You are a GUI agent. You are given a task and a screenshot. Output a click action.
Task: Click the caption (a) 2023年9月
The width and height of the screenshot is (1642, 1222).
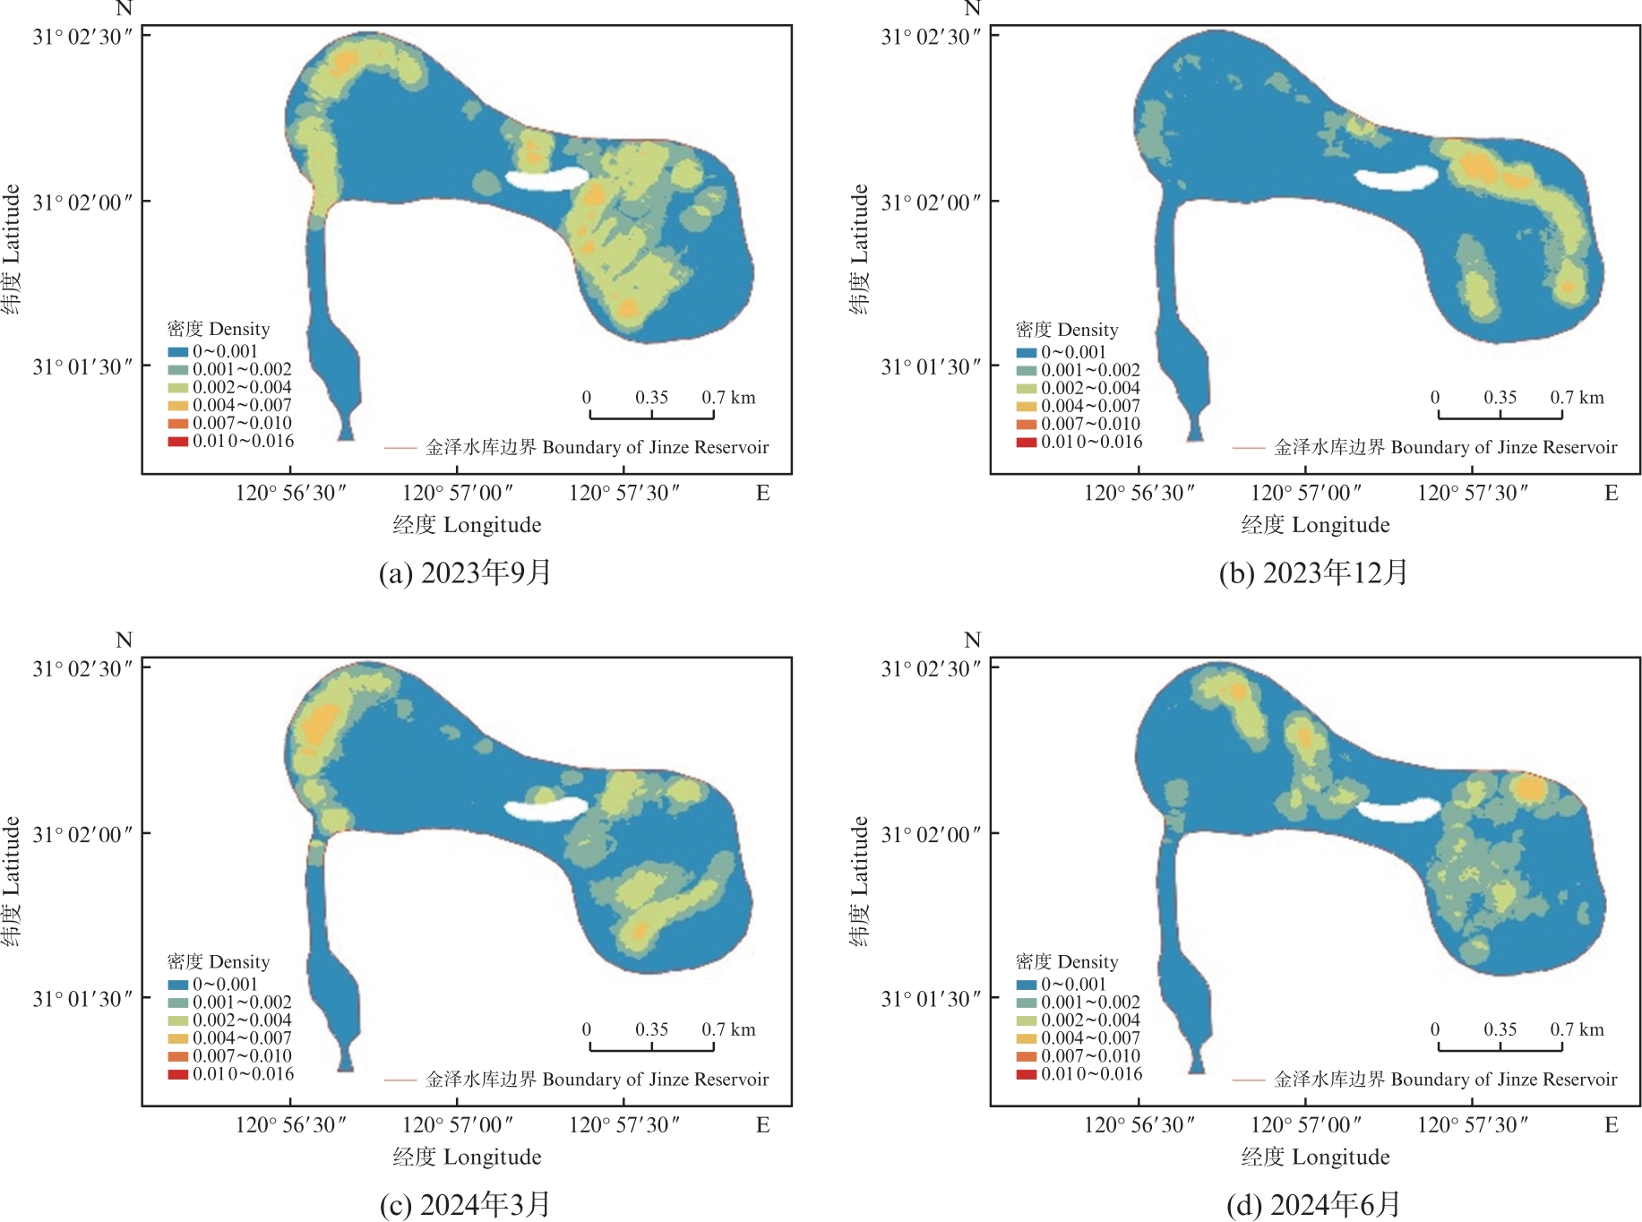[x=465, y=572]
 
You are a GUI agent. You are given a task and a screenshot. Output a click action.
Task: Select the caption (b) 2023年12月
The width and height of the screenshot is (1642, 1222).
[x=1313, y=572]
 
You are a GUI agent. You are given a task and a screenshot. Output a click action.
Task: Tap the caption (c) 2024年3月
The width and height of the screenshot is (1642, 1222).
[x=465, y=1204]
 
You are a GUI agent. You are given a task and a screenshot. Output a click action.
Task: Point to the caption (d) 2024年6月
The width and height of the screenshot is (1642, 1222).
[x=1313, y=1204]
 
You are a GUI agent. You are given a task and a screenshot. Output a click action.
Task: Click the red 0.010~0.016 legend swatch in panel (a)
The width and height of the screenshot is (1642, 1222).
[x=177, y=441]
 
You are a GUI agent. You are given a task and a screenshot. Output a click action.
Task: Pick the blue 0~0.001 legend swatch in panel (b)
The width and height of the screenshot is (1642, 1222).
[x=1026, y=353]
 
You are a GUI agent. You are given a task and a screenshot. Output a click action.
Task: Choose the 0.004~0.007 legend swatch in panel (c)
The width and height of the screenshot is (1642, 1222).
[x=177, y=1038]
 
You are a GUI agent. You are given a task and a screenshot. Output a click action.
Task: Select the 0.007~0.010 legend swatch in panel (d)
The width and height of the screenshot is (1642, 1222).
[x=1026, y=1056]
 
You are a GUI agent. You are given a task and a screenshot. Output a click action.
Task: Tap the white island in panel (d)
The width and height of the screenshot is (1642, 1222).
[x=1397, y=810]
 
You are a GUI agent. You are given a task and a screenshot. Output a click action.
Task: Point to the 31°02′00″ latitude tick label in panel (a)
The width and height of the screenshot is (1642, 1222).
[x=82, y=202]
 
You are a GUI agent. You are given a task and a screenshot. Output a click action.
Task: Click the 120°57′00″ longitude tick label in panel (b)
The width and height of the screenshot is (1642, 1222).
[x=1305, y=493]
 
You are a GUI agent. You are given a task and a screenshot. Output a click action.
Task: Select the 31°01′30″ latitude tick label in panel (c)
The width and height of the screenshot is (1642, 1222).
[x=82, y=999]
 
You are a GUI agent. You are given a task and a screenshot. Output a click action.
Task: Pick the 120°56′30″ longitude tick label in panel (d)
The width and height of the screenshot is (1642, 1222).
[x=1139, y=1125]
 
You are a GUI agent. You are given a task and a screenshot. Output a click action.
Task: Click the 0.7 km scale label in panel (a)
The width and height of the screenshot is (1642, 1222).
[x=728, y=397]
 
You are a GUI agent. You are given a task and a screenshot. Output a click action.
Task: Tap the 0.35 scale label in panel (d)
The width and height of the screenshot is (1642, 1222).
[x=1500, y=1029]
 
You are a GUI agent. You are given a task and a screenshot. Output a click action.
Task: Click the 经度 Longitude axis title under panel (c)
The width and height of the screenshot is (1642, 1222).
[x=467, y=1157]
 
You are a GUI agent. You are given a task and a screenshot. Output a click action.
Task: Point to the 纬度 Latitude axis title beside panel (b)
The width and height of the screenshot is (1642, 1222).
[x=859, y=249]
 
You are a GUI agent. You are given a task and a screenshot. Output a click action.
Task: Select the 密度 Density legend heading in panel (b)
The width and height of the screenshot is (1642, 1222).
[x=1067, y=330]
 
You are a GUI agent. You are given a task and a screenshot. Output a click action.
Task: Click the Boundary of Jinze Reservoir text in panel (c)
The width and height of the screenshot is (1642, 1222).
[x=655, y=1080]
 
